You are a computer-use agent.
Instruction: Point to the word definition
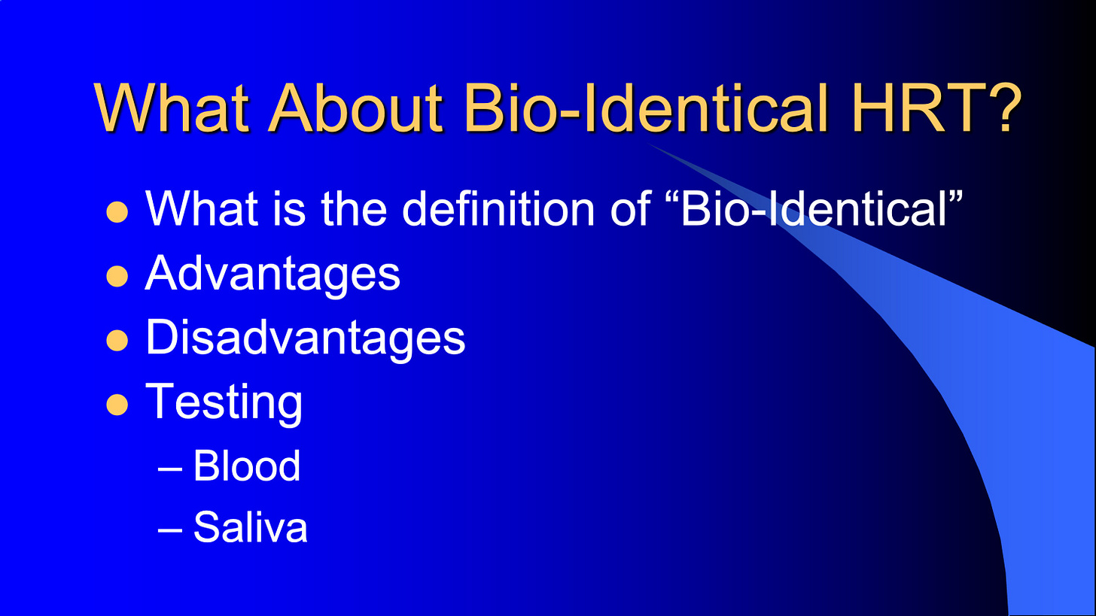[498, 209]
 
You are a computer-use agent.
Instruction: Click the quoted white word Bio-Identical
[814, 209]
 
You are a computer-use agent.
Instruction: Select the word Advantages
[272, 274]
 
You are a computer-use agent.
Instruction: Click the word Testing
[224, 402]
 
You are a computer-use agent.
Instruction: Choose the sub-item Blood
[247, 466]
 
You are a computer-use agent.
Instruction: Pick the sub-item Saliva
[251, 527]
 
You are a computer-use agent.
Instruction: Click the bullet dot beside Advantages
[117, 276]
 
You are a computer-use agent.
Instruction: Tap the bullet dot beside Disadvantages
[117, 340]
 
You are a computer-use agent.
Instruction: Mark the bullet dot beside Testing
[117, 405]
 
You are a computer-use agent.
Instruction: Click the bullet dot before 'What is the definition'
[117, 212]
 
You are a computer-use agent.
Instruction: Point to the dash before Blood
[170, 469]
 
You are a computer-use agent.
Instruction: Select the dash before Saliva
[170, 530]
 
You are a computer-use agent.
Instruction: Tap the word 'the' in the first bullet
[353, 209]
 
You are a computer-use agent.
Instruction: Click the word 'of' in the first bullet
[630, 209]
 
